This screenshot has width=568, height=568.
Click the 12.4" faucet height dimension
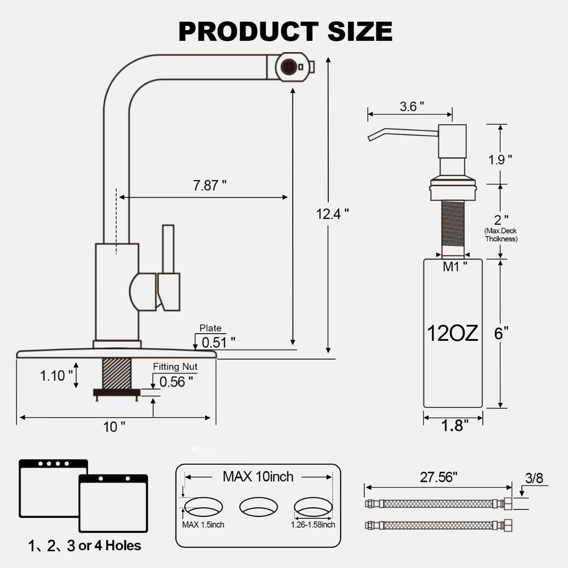coord(332,214)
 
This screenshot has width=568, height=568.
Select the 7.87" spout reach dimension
coord(209,185)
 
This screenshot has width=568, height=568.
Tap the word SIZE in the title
coord(359,32)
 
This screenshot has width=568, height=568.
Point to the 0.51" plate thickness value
coord(218,342)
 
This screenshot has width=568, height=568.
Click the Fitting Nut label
coord(175,367)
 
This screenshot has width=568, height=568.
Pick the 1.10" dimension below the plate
coord(56,376)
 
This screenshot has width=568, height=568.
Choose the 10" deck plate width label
coord(114,427)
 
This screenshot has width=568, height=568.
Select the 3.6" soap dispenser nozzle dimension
coord(411,106)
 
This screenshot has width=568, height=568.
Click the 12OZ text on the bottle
coord(452,333)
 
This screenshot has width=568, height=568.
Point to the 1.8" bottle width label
coord(454,426)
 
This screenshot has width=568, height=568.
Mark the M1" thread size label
coord(455,267)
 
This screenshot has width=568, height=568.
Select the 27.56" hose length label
coord(438,477)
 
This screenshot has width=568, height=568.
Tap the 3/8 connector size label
coord(534,478)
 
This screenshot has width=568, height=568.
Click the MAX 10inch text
coord(258,477)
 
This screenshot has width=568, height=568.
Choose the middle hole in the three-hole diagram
coord(258,507)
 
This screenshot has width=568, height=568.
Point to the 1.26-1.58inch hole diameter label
coord(313,525)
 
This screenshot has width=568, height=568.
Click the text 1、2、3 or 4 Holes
coord(84,545)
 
